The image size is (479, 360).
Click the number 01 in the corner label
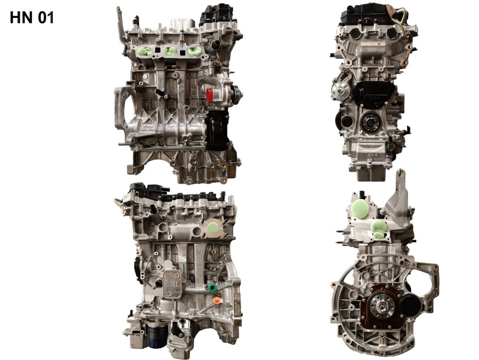[46, 17]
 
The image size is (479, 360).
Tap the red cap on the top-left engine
[210, 95]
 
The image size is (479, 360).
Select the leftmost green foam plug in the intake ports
[146, 51]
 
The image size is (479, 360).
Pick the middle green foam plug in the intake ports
[170, 51]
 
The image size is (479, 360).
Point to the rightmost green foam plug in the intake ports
[194, 51]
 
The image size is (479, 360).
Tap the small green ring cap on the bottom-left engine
[212, 287]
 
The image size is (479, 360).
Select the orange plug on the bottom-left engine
[216, 301]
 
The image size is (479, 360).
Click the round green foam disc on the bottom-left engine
[213, 228]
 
